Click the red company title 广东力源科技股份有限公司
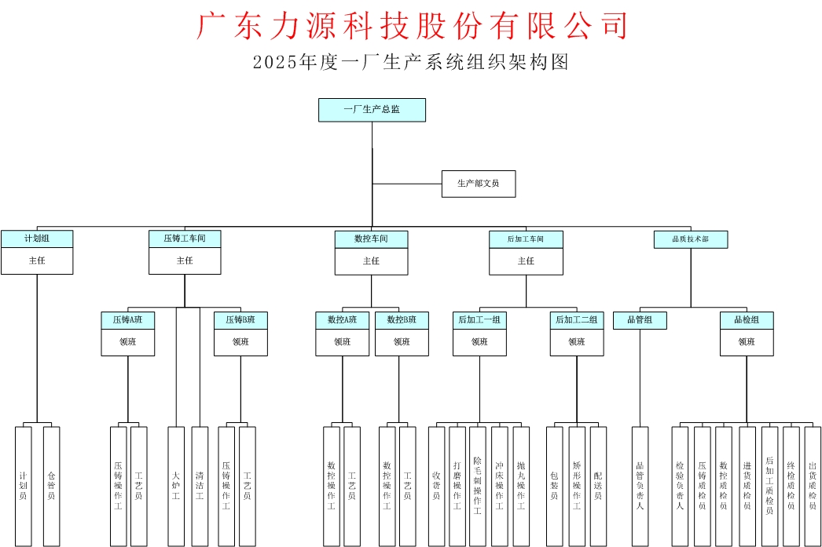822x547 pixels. [x=412, y=26]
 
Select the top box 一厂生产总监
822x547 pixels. [x=372, y=110]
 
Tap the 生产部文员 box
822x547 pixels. [x=478, y=184]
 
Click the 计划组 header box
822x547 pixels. [x=37, y=239]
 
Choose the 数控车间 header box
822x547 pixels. [x=371, y=239]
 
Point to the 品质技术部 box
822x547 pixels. [x=691, y=239]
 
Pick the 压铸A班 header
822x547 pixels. [x=128, y=320]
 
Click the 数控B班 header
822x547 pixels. [x=402, y=320]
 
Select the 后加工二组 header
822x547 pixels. [x=577, y=320]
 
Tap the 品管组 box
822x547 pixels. [x=640, y=320]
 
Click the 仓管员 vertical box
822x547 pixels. [x=51, y=486]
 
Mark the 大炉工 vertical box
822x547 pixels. [x=176, y=486]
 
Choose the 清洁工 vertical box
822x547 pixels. [x=200, y=486]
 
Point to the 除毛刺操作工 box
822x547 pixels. [x=477, y=486]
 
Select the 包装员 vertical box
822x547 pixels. [x=554, y=486]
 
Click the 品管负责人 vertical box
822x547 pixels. [x=640, y=486]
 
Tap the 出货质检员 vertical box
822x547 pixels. [x=813, y=486]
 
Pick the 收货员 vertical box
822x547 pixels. [x=436, y=486]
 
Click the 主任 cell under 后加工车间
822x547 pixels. [x=526, y=261]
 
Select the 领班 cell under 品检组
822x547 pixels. [x=747, y=342]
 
